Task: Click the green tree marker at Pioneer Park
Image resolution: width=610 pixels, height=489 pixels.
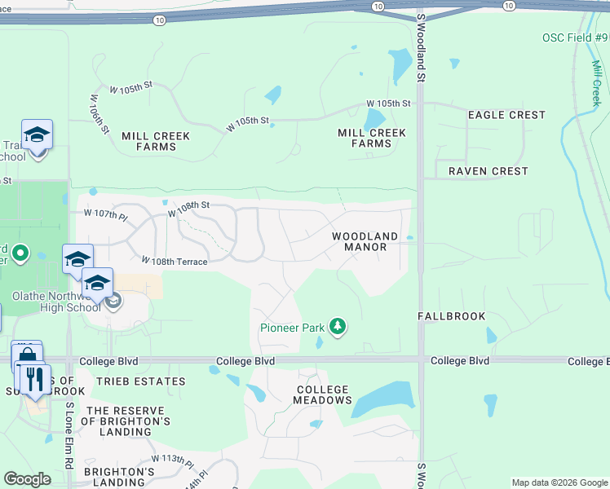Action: coord(338,328)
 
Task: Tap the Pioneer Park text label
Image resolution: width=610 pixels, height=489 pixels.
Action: coord(293,328)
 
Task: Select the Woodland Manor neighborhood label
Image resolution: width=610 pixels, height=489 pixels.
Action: coord(365,241)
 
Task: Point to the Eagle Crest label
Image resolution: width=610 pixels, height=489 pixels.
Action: coord(506,115)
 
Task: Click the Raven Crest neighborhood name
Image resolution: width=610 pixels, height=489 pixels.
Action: coord(488,171)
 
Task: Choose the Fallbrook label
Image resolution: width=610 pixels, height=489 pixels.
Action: coord(452,316)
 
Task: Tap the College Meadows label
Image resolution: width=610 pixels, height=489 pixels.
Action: coord(323,395)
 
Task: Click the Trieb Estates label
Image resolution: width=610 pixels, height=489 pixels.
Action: coord(139,381)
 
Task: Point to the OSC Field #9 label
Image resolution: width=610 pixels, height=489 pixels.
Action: coord(574,37)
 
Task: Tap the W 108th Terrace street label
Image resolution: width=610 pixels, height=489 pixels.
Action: coord(174,261)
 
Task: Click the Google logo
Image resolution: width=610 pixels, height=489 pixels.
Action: coord(27,479)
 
